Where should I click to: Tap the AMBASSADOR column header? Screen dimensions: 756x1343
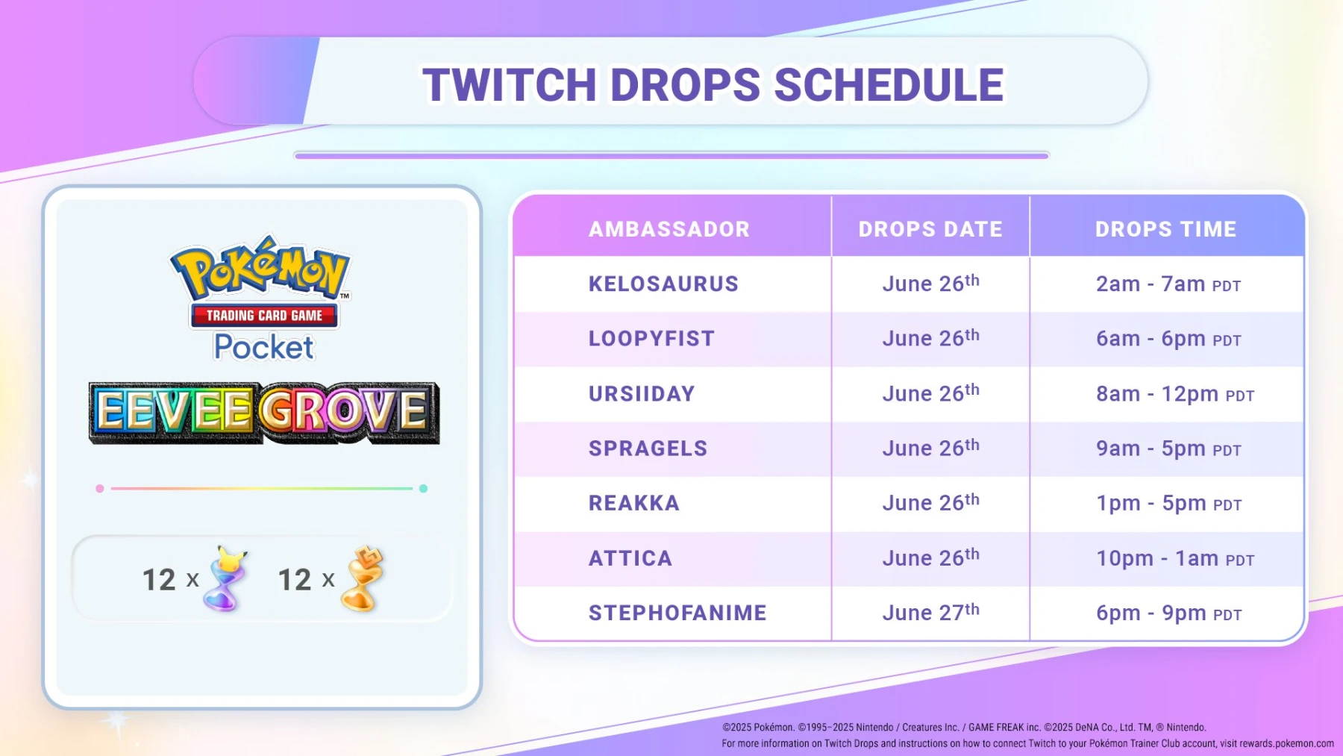coord(669,229)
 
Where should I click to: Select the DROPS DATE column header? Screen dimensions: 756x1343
coord(930,229)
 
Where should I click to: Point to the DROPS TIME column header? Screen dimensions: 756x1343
coord(1165,229)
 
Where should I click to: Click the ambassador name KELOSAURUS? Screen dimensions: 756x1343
coord(663,284)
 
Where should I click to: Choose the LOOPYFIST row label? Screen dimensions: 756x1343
coord(651,339)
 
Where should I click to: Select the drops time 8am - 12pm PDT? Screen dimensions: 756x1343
coord(1174,394)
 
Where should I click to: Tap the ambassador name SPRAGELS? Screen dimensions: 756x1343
coord(648,449)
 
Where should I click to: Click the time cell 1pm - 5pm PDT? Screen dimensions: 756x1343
coord(1168,504)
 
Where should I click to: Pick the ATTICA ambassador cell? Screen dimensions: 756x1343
coord(630,558)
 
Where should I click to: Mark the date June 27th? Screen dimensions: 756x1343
coord(930,613)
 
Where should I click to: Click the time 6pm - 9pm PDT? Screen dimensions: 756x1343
coord(1168,613)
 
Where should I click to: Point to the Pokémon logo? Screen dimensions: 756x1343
coord(260,269)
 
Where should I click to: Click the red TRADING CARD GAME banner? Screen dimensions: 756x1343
coord(264,316)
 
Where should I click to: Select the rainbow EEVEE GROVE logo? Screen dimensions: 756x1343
coord(264,413)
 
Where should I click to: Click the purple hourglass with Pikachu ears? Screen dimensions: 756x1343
coord(227,579)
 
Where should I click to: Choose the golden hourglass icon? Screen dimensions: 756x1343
coord(362,579)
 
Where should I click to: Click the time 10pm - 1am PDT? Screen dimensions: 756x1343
coord(1174,559)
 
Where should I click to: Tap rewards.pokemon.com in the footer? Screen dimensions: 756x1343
coord(1286,743)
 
